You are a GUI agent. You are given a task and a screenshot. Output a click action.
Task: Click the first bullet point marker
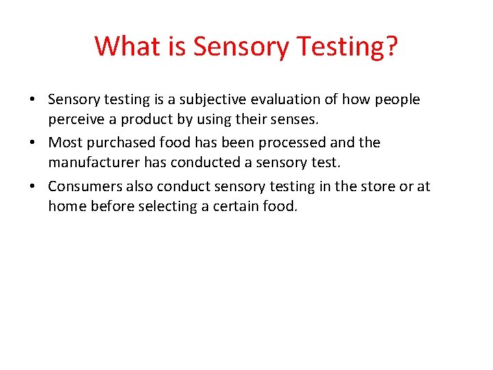click(x=33, y=100)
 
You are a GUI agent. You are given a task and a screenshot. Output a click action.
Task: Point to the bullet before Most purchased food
click(x=33, y=143)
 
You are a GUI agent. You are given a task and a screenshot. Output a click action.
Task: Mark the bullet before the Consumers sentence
click(x=33, y=187)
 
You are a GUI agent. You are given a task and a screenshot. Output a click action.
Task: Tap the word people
click(x=398, y=100)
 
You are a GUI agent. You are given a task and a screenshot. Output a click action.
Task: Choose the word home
click(x=66, y=206)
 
